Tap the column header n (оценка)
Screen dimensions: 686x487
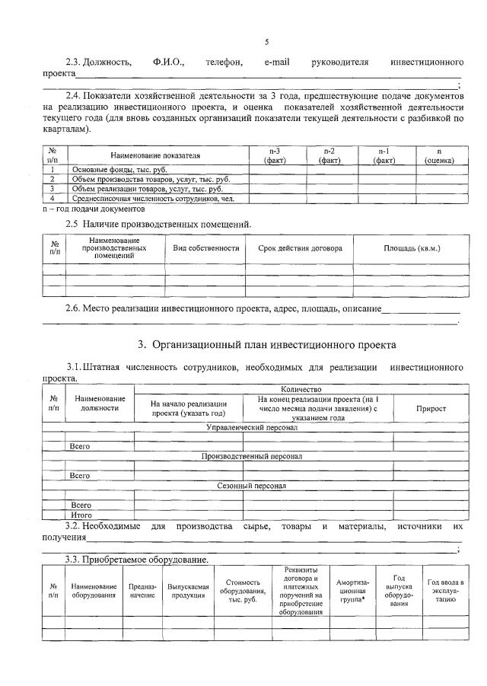pos(439,155)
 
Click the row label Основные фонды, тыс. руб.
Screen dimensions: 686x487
pos(119,169)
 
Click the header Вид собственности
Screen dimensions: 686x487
pos(205,248)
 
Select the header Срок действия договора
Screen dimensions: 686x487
pos(300,248)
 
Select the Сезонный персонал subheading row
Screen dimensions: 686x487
pos(252,485)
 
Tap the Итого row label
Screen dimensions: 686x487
pos(81,515)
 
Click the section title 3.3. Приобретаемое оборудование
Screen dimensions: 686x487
pos(136,560)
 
